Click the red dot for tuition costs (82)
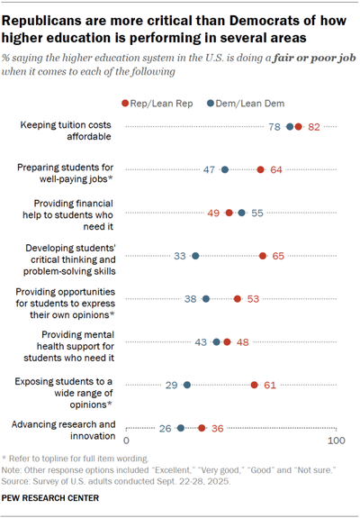(x=299, y=127)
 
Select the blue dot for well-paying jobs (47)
(x=225, y=169)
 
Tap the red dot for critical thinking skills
(x=263, y=256)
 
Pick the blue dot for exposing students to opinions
(x=187, y=385)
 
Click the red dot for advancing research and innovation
(x=202, y=428)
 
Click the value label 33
(x=180, y=256)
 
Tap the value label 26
(x=166, y=428)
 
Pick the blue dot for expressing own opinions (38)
(x=206, y=299)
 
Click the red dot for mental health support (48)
(x=227, y=342)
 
